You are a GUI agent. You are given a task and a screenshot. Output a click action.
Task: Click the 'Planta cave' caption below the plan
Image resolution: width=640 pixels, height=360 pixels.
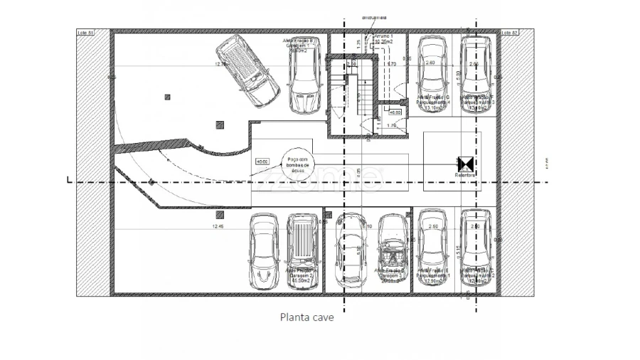[x=306, y=318]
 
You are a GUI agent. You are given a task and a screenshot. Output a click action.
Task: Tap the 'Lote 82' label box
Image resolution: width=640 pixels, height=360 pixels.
[x=510, y=32]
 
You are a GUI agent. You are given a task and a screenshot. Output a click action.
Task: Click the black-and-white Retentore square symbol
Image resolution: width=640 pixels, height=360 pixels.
[x=466, y=164]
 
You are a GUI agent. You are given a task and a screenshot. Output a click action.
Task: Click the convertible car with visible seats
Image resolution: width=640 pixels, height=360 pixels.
[x=393, y=250]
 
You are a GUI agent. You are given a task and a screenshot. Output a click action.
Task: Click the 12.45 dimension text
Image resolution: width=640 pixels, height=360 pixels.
[x=218, y=226]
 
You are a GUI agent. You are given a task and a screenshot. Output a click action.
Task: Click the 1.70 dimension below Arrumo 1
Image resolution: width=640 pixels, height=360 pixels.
[x=391, y=64]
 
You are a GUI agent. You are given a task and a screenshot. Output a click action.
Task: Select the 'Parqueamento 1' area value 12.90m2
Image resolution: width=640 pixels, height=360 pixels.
[x=432, y=281]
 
